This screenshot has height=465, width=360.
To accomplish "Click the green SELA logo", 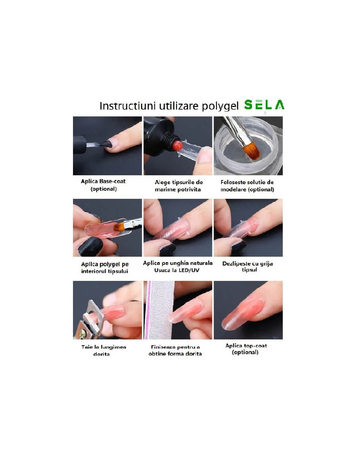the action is [x=264, y=105].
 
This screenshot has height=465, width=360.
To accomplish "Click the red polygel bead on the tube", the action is [x=177, y=145].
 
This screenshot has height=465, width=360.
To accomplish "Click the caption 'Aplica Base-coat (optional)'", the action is [x=103, y=185].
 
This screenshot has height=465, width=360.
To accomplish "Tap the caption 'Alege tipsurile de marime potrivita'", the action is [x=178, y=186].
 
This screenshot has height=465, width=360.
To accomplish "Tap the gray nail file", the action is [x=160, y=310].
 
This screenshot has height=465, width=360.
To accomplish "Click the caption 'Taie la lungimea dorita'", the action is [x=104, y=350].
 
